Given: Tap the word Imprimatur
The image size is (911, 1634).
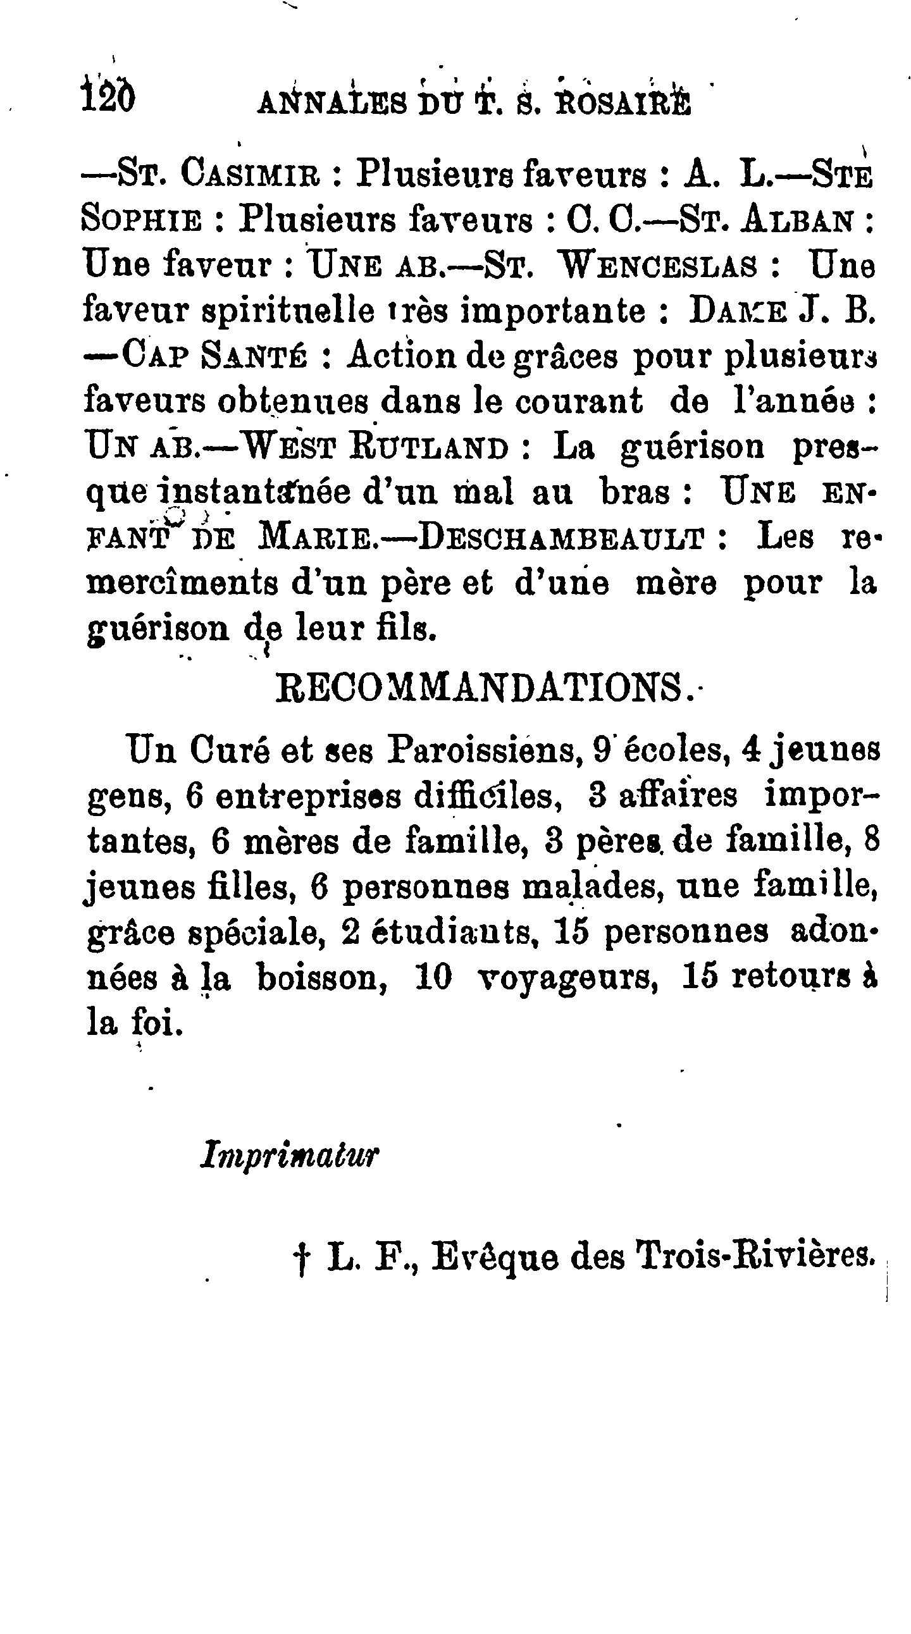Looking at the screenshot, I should tap(289, 1155).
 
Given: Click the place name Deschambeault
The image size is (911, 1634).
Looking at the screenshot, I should tap(561, 538).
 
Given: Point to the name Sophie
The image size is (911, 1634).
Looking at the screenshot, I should tap(142, 220).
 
